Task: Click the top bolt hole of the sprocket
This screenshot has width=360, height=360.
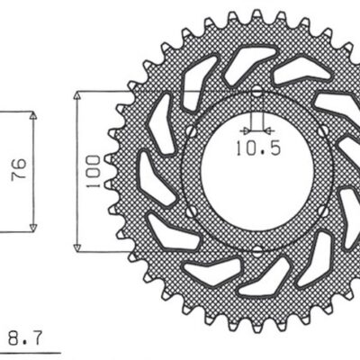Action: [x=257, y=93]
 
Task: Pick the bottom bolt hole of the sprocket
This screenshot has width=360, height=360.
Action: [x=257, y=249]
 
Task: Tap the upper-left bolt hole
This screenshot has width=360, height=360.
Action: [x=190, y=131]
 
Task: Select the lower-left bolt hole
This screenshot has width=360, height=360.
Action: [x=190, y=211]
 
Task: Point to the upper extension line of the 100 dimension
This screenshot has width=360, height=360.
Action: [x=162, y=91]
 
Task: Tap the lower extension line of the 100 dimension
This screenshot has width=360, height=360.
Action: [x=162, y=250]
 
